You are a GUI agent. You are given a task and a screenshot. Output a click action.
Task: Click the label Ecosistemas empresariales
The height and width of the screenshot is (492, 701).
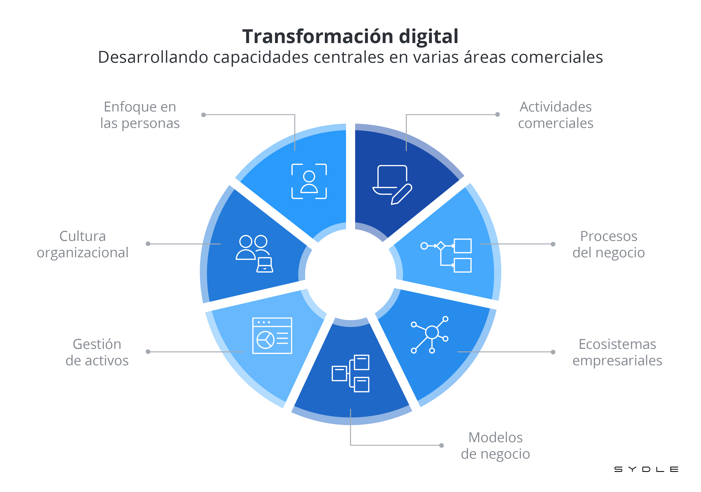coord(617,352)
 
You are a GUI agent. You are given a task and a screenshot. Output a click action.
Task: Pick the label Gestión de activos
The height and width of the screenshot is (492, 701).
coord(97,352)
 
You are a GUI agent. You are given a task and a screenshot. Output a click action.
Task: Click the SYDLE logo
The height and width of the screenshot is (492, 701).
coord(646,469)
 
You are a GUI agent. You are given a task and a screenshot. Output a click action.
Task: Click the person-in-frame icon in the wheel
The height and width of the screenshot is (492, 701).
coord(309,181)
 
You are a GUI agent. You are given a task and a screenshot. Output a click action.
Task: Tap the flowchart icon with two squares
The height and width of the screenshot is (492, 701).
coord(446,255)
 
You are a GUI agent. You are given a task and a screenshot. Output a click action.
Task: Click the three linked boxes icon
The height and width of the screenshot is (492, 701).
coord(350,373)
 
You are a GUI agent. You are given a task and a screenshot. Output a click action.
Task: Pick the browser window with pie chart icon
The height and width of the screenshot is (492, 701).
coord(272,336)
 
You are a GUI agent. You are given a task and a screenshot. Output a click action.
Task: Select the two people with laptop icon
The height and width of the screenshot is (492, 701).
coord(254,254)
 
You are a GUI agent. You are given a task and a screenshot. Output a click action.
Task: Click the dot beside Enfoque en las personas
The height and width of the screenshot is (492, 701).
coord(204,115)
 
